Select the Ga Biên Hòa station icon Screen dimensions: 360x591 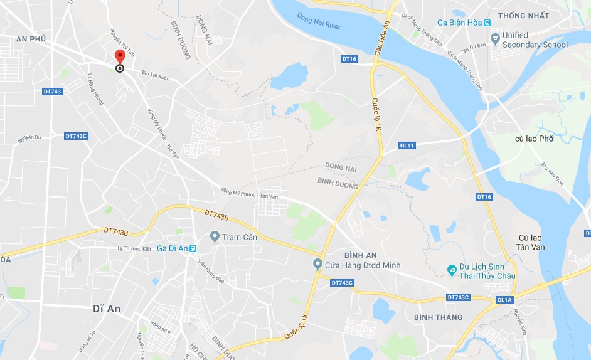coord(487,23)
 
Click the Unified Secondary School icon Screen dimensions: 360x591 coord(495,40)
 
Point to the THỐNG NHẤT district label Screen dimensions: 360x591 coord(523,15)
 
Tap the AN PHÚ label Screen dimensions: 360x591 coord(31,38)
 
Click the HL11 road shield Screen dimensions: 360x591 coord(407,146)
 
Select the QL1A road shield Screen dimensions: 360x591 coord(504,300)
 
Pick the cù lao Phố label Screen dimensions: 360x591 coord(533,138)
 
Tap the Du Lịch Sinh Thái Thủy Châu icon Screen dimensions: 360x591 coord(451,270)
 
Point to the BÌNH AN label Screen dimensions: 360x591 coord(360,255)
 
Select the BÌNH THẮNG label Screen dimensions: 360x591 coord(438,317)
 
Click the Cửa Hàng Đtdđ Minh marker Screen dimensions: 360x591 coord(318,264)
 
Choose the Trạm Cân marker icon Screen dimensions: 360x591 coord(215,236)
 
